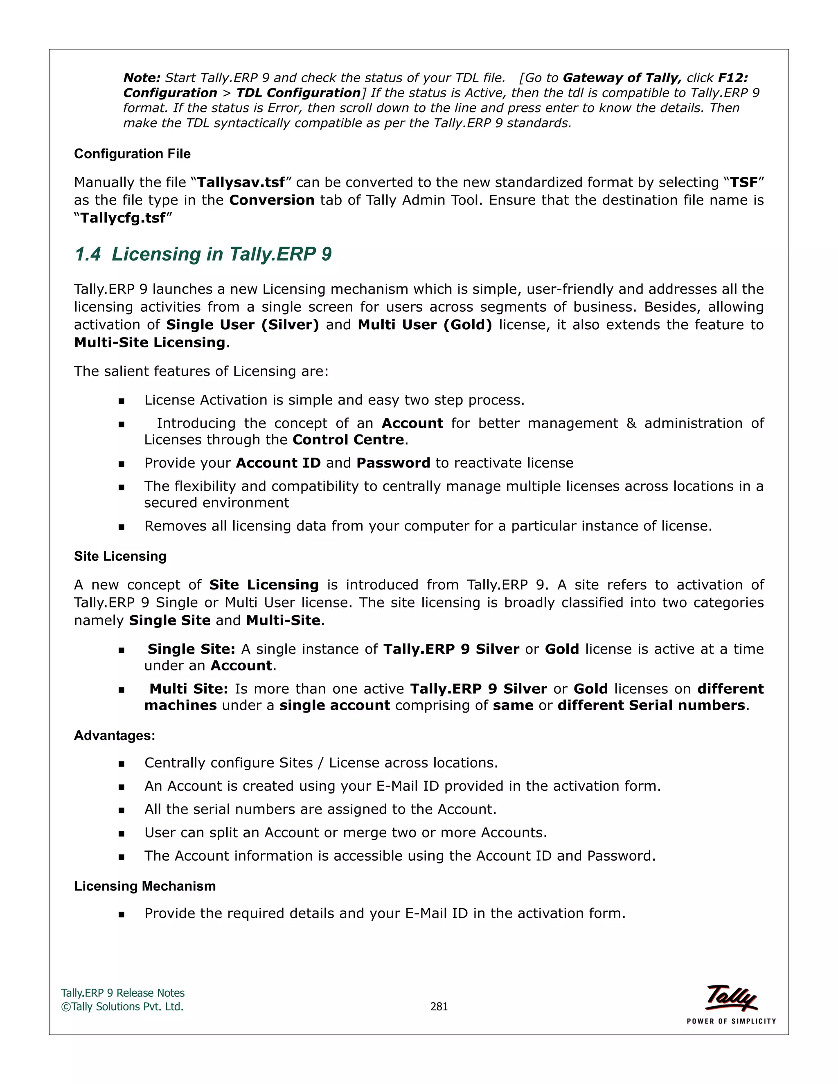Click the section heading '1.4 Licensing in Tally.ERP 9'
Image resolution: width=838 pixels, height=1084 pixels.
click(x=203, y=254)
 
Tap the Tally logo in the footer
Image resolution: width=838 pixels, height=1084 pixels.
click(x=731, y=998)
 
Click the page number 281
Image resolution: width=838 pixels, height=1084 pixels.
click(x=439, y=1007)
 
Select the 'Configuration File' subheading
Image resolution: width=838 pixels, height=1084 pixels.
click(x=132, y=154)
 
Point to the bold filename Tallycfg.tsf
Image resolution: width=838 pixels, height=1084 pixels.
click(x=123, y=218)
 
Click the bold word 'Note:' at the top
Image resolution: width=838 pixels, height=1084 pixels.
click(x=142, y=78)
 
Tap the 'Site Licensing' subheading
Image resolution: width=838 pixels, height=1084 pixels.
click(x=120, y=556)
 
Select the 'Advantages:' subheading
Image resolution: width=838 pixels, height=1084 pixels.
click(x=114, y=735)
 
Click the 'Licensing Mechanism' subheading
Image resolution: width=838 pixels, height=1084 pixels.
click(x=145, y=886)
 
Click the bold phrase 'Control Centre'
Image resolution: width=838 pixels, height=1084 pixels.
click(x=348, y=440)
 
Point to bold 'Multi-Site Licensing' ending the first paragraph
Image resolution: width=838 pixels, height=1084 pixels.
click(x=150, y=342)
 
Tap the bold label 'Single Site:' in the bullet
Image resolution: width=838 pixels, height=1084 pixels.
click(x=191, y=649)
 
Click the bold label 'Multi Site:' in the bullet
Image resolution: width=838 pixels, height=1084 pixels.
click(x=189, y=689)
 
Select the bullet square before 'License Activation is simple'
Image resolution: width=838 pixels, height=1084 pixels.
click(x=121, y=401)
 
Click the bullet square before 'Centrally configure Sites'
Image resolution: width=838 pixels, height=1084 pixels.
click(x=121, y=764)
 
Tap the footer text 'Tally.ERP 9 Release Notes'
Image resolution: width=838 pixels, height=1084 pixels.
click(x=123, y=993)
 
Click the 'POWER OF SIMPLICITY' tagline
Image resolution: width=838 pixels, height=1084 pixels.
click(x=731, y=1021)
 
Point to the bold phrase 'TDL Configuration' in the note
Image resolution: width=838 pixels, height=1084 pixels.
click(x=298, y=93)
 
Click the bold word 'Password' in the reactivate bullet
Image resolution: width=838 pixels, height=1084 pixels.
click(x=393, y=463)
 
